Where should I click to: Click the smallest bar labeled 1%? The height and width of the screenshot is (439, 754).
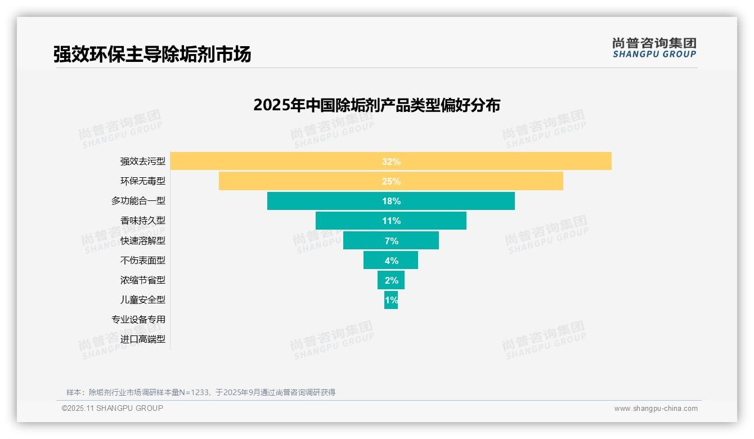[391, 299]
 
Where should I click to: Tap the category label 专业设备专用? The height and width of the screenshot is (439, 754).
[138, 319]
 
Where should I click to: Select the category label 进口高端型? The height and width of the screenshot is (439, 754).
[143, 339]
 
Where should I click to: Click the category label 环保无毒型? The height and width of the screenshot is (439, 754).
[143, 181]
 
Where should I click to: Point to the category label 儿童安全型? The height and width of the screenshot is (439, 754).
[143, 299]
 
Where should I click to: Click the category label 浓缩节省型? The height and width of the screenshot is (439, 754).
[143, 280]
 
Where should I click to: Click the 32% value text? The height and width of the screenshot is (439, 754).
[391, 162]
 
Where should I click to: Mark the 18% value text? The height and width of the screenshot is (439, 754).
[391, 201]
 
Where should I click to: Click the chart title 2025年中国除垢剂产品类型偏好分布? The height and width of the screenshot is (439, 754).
[376, 105]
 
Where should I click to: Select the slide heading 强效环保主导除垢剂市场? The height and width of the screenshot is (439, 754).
[152, 54]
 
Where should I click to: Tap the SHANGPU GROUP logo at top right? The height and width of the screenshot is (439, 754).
[654, 48]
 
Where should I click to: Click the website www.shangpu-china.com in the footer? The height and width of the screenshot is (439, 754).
[656, 409]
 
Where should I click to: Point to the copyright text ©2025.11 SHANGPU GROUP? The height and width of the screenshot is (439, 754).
[113, 408]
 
